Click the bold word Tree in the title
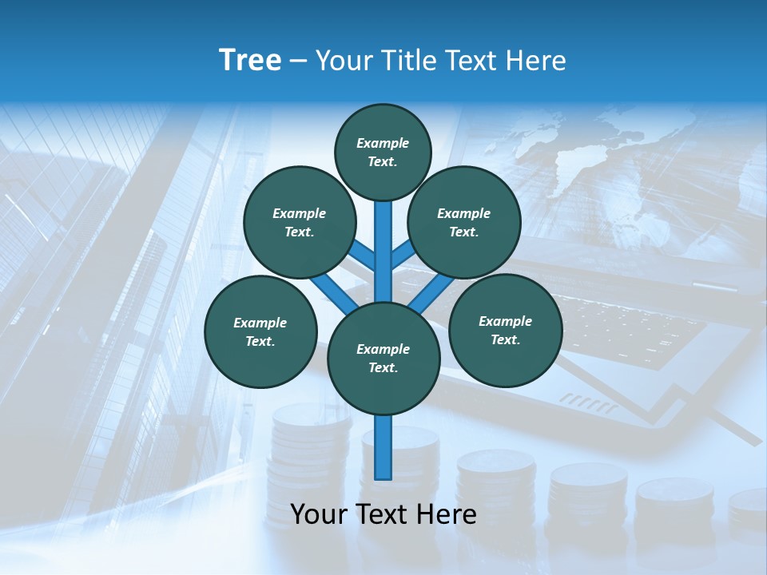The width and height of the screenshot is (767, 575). (250, 60)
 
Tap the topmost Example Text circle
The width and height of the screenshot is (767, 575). (383, 152)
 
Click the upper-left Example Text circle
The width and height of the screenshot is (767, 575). (300, 222)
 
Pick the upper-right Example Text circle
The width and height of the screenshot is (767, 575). (464, 222)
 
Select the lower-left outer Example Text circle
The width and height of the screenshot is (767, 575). (260, 331)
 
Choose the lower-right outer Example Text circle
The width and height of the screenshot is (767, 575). (505, 330)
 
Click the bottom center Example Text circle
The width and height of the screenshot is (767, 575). (383, 358)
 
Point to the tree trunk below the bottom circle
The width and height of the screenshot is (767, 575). (383, 447)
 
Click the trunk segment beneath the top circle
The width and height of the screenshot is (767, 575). (383, 240)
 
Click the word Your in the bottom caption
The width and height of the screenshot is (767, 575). (319, 514)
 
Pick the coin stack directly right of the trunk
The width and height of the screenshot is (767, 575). (495, 487)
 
